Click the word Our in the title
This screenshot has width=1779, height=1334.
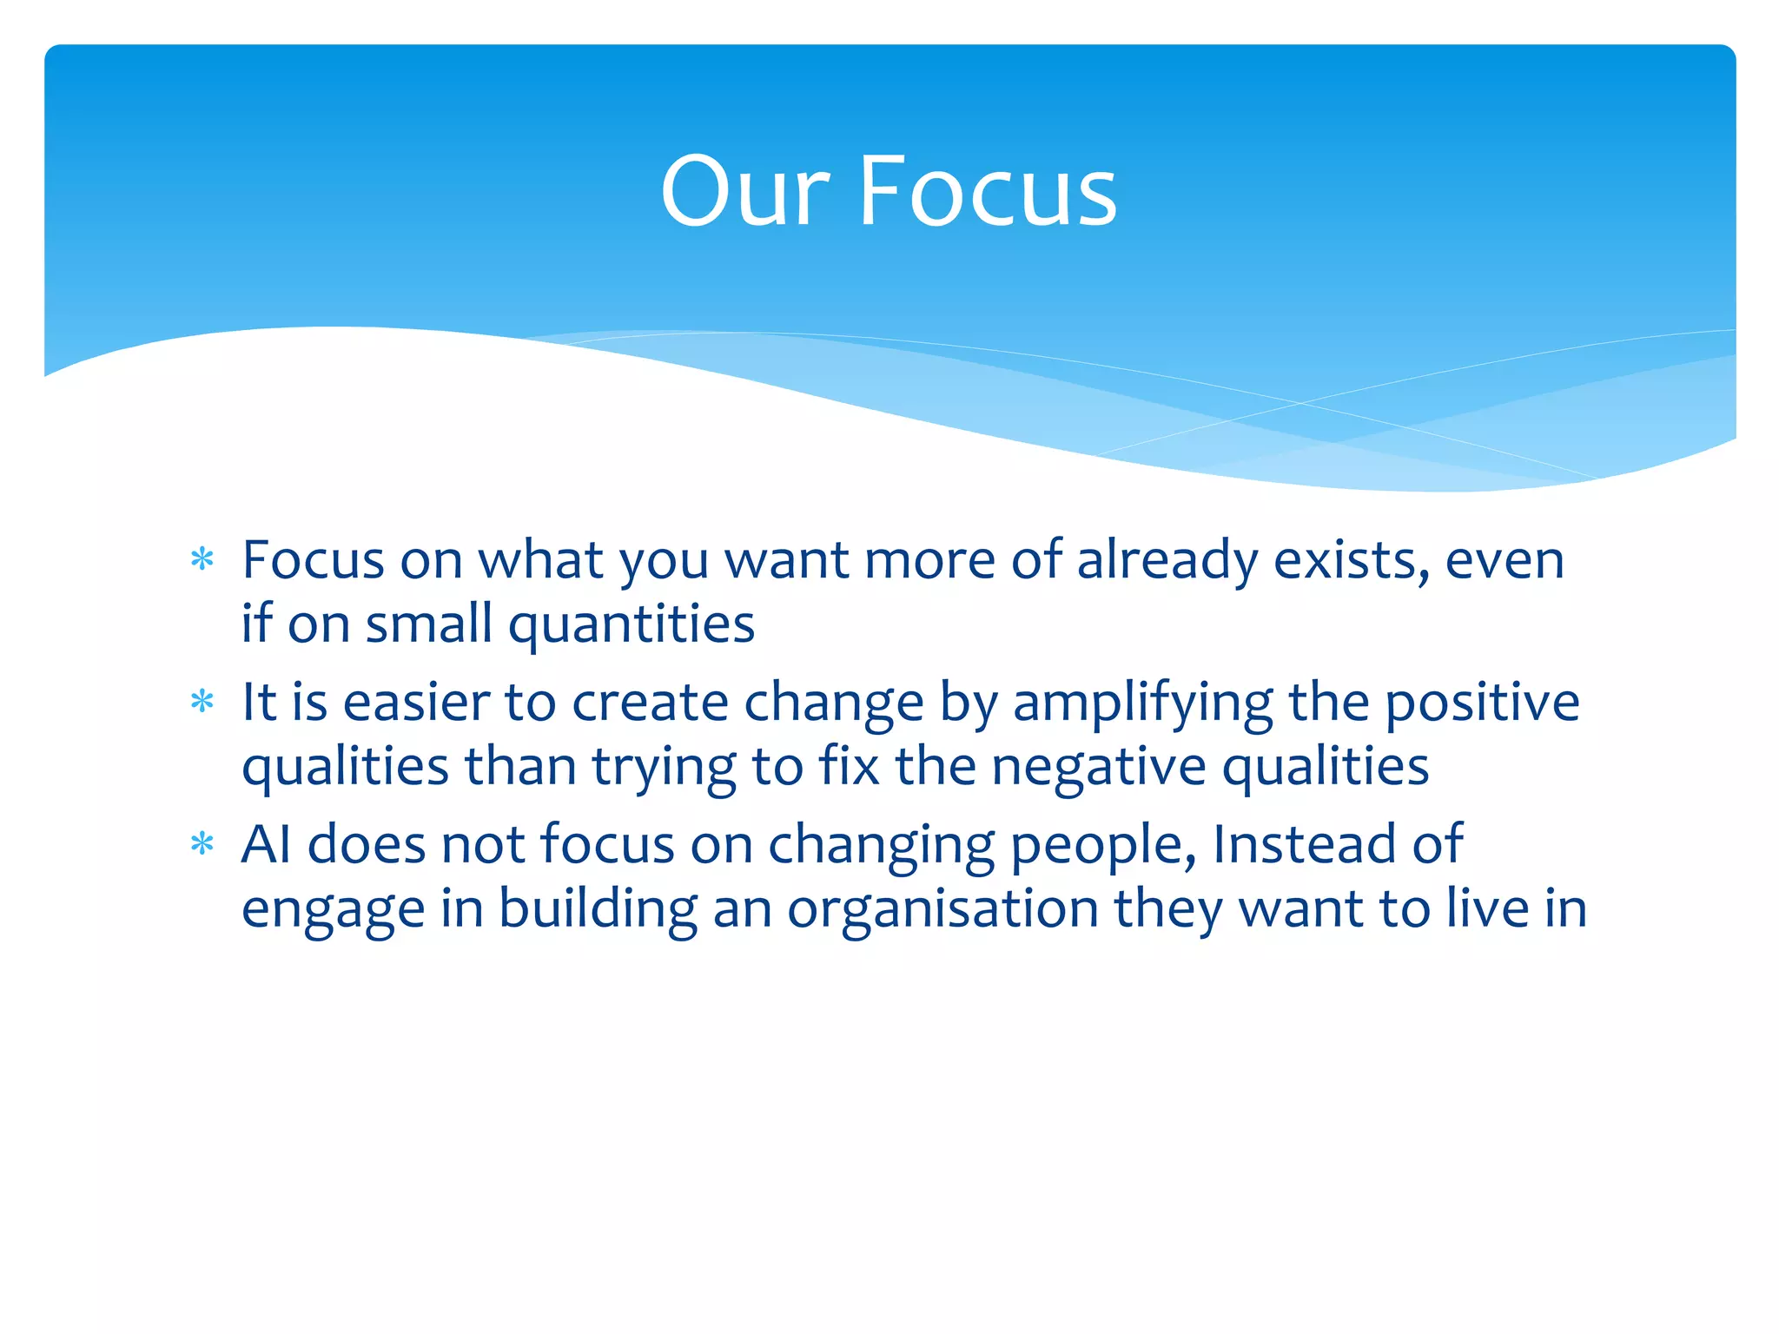point(745,191)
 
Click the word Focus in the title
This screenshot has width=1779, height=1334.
point(988,191)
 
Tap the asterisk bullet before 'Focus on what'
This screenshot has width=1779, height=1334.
point(202,560)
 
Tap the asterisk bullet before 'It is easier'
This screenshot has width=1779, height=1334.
point(202,702)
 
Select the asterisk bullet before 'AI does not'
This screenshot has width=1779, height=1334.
point(202,844)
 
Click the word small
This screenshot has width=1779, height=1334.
point(428,624)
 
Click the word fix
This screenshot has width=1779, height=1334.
point(849,766)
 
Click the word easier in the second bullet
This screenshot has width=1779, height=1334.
point(416,703)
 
